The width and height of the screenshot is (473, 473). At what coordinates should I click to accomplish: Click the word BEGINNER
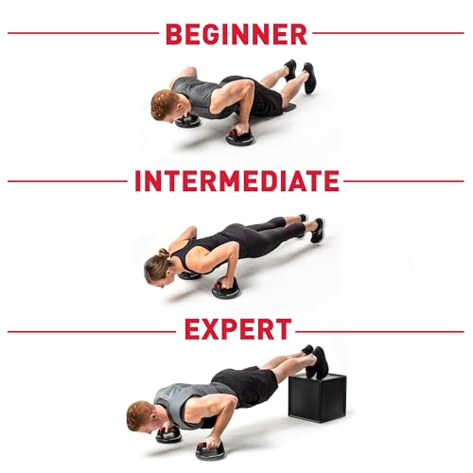click(236, 34)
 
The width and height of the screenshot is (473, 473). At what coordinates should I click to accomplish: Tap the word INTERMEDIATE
click(236, 181)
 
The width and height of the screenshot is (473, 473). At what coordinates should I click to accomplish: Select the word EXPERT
click(236, 330)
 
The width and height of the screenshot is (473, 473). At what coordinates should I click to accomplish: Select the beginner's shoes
click(300, 74)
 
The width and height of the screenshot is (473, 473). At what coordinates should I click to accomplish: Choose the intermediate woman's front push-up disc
click(226, 289)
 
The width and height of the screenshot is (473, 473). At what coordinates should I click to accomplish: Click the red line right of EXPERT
click(378, 331)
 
